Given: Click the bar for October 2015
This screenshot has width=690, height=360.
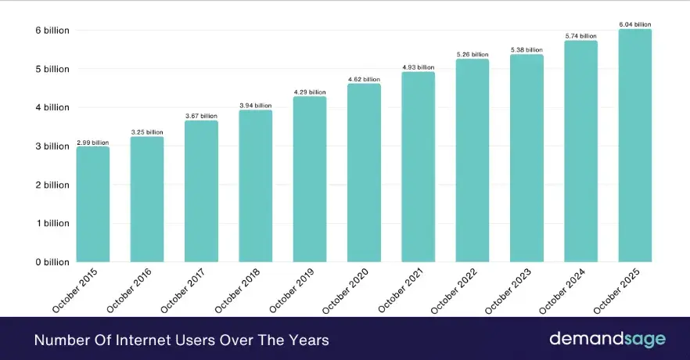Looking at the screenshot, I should [92, 205].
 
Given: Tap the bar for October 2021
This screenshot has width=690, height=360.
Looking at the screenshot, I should [418, 167].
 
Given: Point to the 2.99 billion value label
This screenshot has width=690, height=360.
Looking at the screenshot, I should [92, 142].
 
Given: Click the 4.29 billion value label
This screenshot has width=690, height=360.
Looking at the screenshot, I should [310, 92].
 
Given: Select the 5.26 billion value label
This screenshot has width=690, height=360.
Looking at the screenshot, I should [473, 55].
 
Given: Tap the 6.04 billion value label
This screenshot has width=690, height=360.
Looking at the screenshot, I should [634, 25].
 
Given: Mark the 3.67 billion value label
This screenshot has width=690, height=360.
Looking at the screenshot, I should [201, 116].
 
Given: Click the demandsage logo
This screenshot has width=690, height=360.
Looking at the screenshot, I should [606, 339].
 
